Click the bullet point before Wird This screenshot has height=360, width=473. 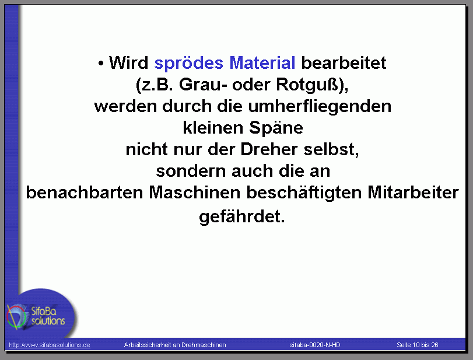coord(101,64)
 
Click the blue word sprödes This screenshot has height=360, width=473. coord(189,64)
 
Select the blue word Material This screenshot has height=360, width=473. coord(262,63)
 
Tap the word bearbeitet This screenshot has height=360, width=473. coord(344,63)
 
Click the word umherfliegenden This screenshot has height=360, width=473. coord(320,107)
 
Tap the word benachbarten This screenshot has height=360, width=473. coord(85,193)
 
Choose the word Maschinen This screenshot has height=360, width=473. coord(195,193)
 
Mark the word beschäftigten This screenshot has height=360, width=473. coord(304,193)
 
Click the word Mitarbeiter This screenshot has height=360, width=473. coord(413,193)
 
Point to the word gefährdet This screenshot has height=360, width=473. coord(241,216)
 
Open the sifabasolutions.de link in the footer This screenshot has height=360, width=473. coord(50,345)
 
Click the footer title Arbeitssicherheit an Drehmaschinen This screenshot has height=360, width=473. coord(175,345)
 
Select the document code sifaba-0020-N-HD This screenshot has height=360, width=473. coord(315,345)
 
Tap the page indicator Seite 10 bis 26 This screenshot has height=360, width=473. coord(418,345)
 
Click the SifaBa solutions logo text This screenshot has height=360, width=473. coord(48,316)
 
